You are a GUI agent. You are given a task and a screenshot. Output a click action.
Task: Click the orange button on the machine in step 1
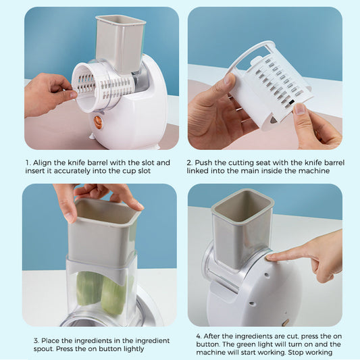click(97, 122)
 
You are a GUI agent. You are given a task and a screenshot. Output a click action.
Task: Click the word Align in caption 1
click(45, 163)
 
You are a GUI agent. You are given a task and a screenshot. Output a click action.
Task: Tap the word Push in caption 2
click(207, 163)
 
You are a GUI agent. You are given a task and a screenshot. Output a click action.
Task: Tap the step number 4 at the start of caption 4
click(199, 335)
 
